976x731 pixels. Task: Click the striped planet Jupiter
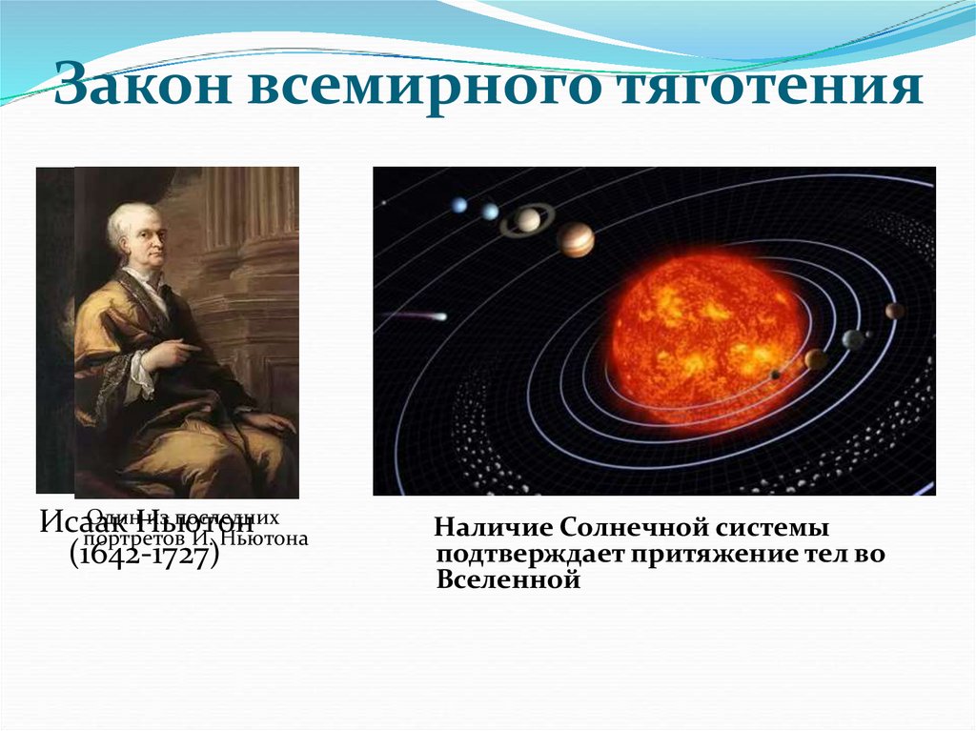tap(576, 240)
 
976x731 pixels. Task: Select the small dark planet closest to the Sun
tap(775, 375)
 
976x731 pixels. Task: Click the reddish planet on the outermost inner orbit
tap(894, 311)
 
